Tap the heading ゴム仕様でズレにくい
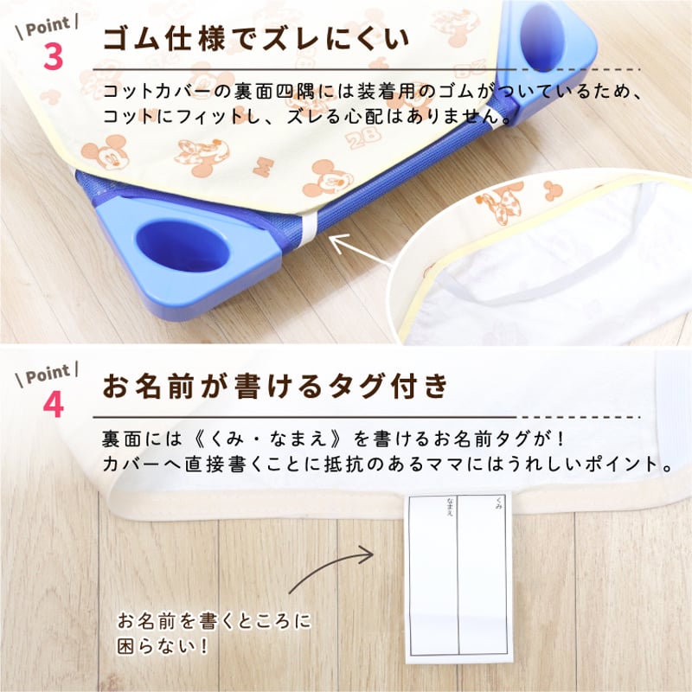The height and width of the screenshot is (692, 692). [x=256, y=40]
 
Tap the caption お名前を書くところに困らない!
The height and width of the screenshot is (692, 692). [x=213, y=634]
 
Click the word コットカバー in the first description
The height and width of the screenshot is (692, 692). [x=152, y=92]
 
